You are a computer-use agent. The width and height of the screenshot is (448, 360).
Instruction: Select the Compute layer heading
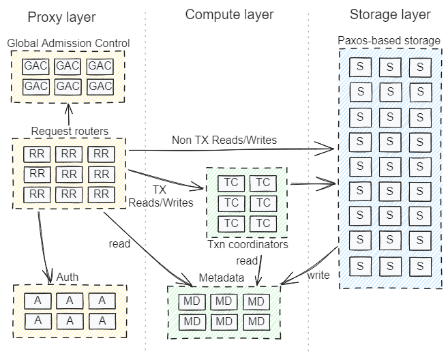(229, 14)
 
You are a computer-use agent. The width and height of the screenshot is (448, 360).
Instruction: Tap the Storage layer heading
(389, 14)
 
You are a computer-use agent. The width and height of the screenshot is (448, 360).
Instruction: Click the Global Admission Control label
(68, 44)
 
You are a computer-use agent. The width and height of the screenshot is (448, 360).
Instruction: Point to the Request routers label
(70, 131)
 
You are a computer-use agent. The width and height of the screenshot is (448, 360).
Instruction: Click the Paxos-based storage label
(389, 41)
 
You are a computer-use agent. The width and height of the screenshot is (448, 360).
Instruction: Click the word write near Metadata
(318, 275)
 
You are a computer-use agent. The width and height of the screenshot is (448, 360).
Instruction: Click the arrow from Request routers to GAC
(68, 114)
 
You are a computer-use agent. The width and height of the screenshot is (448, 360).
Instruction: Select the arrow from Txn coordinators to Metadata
(260, 267)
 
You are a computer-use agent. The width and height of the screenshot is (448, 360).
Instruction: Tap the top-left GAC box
(36, 67)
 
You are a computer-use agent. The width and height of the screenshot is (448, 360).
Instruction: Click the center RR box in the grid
(70, 173)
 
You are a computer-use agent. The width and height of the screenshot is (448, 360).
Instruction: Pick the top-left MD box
(192, 301)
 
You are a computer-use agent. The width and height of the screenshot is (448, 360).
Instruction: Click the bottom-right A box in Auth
(102, 319)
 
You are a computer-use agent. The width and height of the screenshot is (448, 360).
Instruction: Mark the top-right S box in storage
(420, 67)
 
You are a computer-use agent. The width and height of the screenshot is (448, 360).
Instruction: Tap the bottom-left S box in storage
(359, 262)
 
